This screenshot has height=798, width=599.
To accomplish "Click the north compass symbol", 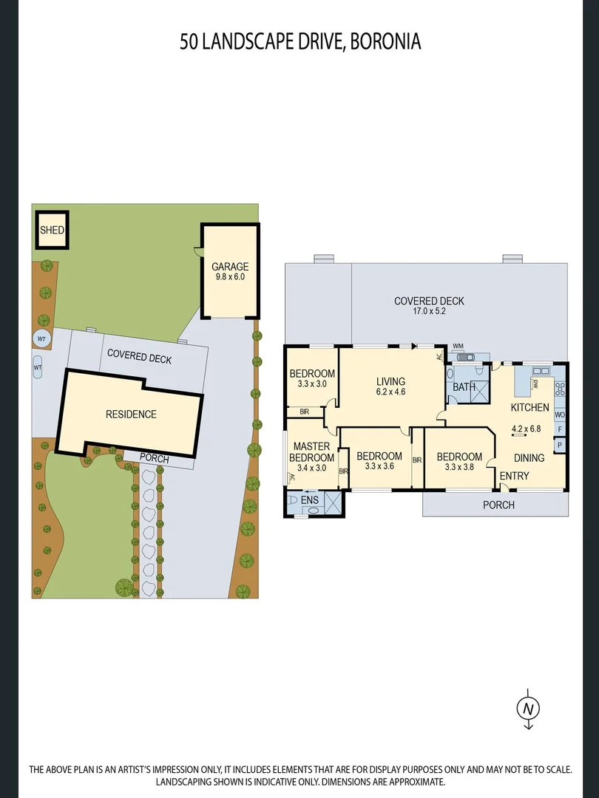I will [x=528, y=708].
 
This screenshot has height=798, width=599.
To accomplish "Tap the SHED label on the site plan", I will [x=52, y=230].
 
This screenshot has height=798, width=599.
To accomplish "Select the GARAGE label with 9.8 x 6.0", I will [x=230, y=271].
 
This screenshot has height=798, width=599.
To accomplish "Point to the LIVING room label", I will [x=390, y=382].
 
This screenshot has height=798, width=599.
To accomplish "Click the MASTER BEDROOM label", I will [x=311, y=452].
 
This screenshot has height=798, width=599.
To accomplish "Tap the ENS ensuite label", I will [x=310, y=500].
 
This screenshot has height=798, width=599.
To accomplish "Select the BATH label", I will [x=464, y=386].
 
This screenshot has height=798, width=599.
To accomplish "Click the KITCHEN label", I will [x=529, y=407].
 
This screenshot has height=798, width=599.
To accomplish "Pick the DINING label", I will [x=529, y=457].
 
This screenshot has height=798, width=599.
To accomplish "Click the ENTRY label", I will [x=514, y=477].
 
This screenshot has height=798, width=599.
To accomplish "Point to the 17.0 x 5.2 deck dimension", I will [x=429, y=312].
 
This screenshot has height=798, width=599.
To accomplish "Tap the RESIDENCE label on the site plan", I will [x=131, y=414].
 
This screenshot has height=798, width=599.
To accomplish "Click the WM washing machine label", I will [x=458, y=346].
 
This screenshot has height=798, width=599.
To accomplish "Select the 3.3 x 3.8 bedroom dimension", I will [x=458, y=467].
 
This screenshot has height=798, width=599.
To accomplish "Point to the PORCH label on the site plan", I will [x=154, y=460].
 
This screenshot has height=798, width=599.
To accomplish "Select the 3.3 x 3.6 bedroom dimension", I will [x=379, y=467].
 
